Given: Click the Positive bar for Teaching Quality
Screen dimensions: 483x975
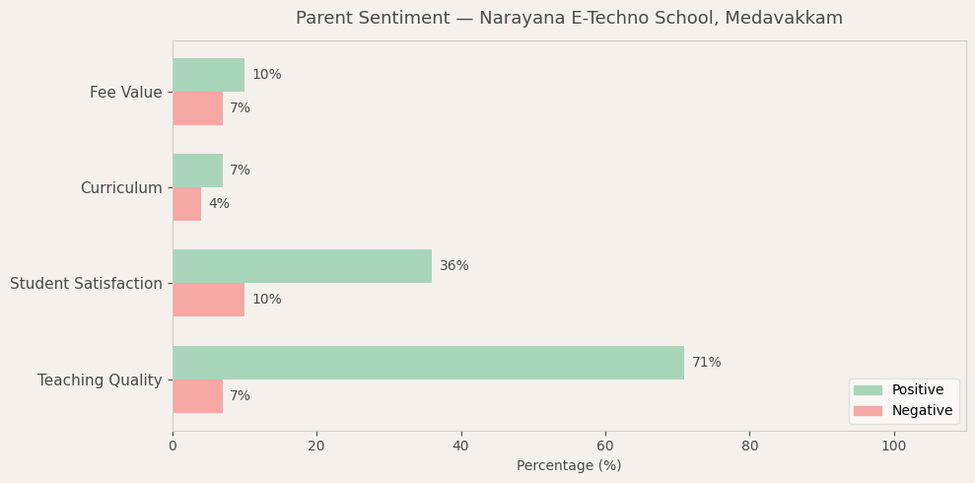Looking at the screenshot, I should pos(428,363).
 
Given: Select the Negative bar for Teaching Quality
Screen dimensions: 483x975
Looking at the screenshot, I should pos(197,396).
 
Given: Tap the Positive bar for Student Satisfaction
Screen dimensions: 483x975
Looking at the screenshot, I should pos(302,266).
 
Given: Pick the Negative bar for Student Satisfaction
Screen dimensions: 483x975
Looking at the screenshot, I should pos(208,300).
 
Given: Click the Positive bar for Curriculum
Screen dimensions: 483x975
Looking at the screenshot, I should pos(197,171).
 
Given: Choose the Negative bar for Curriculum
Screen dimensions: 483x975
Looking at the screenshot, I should pos(186,204).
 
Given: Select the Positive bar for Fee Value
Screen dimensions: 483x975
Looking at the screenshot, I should pos(208,75).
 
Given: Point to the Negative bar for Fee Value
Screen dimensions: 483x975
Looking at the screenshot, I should pos(197,108).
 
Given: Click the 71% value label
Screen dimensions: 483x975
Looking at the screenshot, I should pos(706,363).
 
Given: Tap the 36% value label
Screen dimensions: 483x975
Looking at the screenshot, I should pos(453,266).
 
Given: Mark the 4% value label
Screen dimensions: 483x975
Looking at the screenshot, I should pos(218,204).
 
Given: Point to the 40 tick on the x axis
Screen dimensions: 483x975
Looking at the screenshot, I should pos(460,446).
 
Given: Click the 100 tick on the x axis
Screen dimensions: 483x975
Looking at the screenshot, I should pos(893,446).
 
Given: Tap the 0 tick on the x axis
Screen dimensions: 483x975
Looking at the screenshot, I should pos(173,446).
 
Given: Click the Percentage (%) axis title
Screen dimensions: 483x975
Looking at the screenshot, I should pos(569,465).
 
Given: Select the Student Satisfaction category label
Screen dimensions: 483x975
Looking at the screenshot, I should pos(86,284).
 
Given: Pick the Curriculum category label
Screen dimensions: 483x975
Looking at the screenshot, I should pos(121,188).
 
